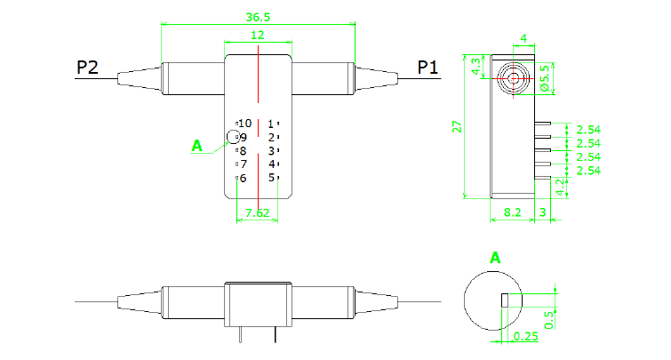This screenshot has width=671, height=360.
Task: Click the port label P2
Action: pyautogui.click(x=87, y=67)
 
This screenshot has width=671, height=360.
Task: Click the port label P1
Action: pyautogui.click(x=428, y=67)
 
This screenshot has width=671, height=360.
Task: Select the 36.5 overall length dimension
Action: pyautogui.click(x=257, y=17)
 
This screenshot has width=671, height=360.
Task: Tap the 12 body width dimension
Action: pyautogui.click(x=258, y=36)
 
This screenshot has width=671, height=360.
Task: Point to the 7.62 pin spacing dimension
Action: pyautogui.click(x=257, y=212)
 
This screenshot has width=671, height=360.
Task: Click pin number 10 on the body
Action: pyautogui.click(x=244, y=123)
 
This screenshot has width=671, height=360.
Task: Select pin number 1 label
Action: pyautogui.click(x=270, y=123)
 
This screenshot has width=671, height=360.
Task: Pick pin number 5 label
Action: pyautogui.click(x=270, y=178)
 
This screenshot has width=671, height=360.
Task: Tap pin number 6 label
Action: pyautogui.click(x=243, y=178)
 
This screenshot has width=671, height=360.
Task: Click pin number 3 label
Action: pyautogui.click(x=270, y=150)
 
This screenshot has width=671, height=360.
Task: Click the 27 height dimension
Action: pyautogui.click(x=457, y=126)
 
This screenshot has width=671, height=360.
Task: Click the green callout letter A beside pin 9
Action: pyautogui.click(x=197, y=145)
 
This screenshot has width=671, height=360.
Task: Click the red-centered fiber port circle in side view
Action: pyautogui.click(x=514, y=76)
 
